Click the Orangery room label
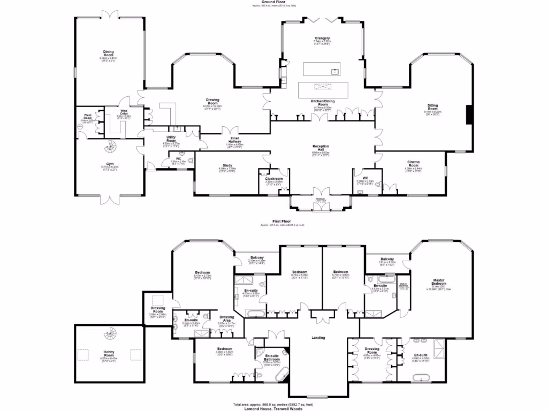click(322, 39)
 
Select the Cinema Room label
click(413, 163)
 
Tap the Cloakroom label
click(273, 178)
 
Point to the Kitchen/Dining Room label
click(323, 103)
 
